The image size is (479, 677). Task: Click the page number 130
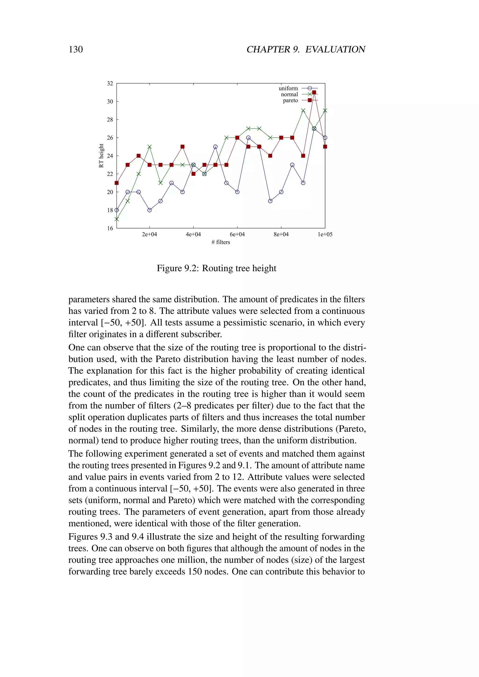pyautogui.click(x=76, y=49)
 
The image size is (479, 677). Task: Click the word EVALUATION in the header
pyautogui.click(x=335, y=49)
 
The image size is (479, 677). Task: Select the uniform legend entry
pyautogui.click(x=288, y=88)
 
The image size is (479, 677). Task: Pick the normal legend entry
pyautogui.click(x=289, y=94)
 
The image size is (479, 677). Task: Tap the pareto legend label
pyautogui.click(x=290, y=101)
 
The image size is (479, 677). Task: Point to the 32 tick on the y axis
pyautogui.click(x=110, y=83)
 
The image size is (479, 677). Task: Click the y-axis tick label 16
pyautogui.click(x=110, y=228)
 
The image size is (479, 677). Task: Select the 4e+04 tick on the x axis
pyautogui.click(x=193, y=234)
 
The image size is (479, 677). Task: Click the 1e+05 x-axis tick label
pyautogui.click(x=325, y=234)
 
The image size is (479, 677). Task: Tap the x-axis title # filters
pyautogui.click(x=221, y=242)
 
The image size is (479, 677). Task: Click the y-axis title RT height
pyautogui.click(x=101, y=156)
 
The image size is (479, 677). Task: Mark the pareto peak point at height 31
pyautogui.click(x=314, y=92)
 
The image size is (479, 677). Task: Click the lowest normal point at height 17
pyautogui.click(x=116, y=219)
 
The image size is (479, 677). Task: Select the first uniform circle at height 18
pyautogui.click(x=116, y=210)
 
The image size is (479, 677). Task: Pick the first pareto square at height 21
pyautogui.click(x=116, y=183)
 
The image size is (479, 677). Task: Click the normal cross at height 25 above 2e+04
pyautogui.click(x=149, y=147)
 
